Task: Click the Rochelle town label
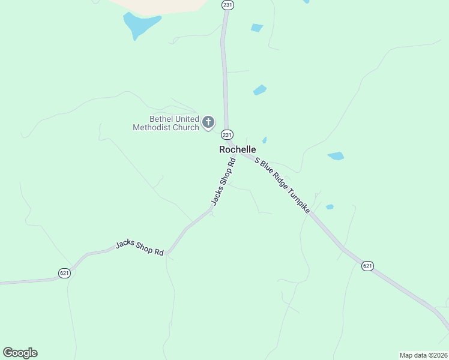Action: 238,149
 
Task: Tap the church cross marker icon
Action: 208,123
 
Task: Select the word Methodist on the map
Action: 151,127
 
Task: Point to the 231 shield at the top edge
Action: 227,5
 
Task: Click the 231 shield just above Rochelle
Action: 227,134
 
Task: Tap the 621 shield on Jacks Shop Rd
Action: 65,273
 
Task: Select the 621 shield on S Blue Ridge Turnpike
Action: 368,266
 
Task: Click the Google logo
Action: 20,353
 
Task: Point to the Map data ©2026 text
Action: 423,355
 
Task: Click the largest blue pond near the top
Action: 140,25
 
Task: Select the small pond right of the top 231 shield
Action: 256,28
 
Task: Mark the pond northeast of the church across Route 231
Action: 259,90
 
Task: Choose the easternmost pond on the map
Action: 336,156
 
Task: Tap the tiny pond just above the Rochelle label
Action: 264,140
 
